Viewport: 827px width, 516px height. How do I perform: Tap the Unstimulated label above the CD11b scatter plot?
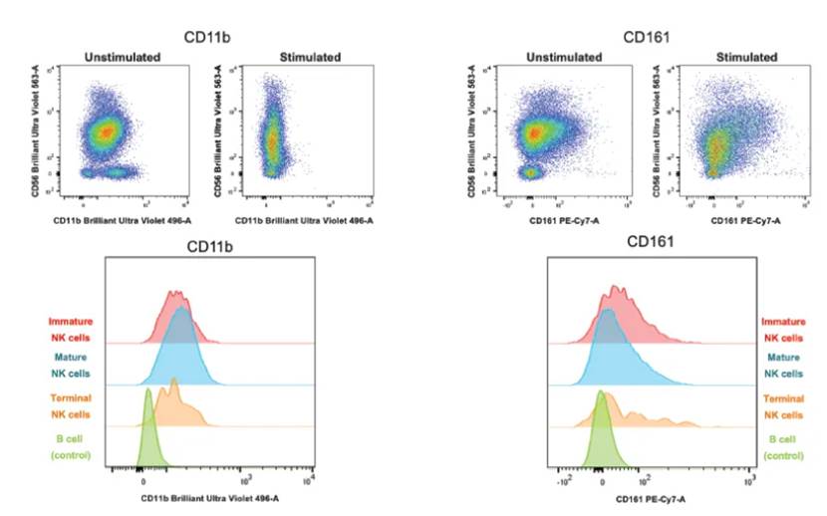pos(122,57)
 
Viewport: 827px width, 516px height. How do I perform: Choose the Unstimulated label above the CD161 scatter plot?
pos(552,57)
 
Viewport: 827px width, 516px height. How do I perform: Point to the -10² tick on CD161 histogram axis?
pos(563,481)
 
